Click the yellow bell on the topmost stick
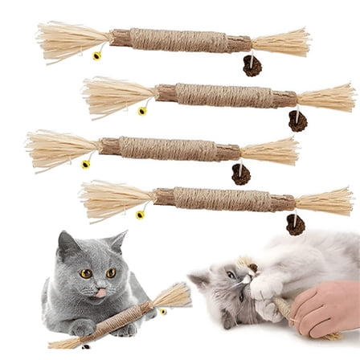(97, 56)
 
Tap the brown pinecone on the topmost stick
(252, 66)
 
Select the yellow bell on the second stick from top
(142, 111)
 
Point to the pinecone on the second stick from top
(297, 121)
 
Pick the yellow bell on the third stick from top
(86, 164)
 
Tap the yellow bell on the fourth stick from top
(140, 215)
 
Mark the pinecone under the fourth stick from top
(295, 224)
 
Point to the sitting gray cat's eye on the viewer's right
(111, 272)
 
